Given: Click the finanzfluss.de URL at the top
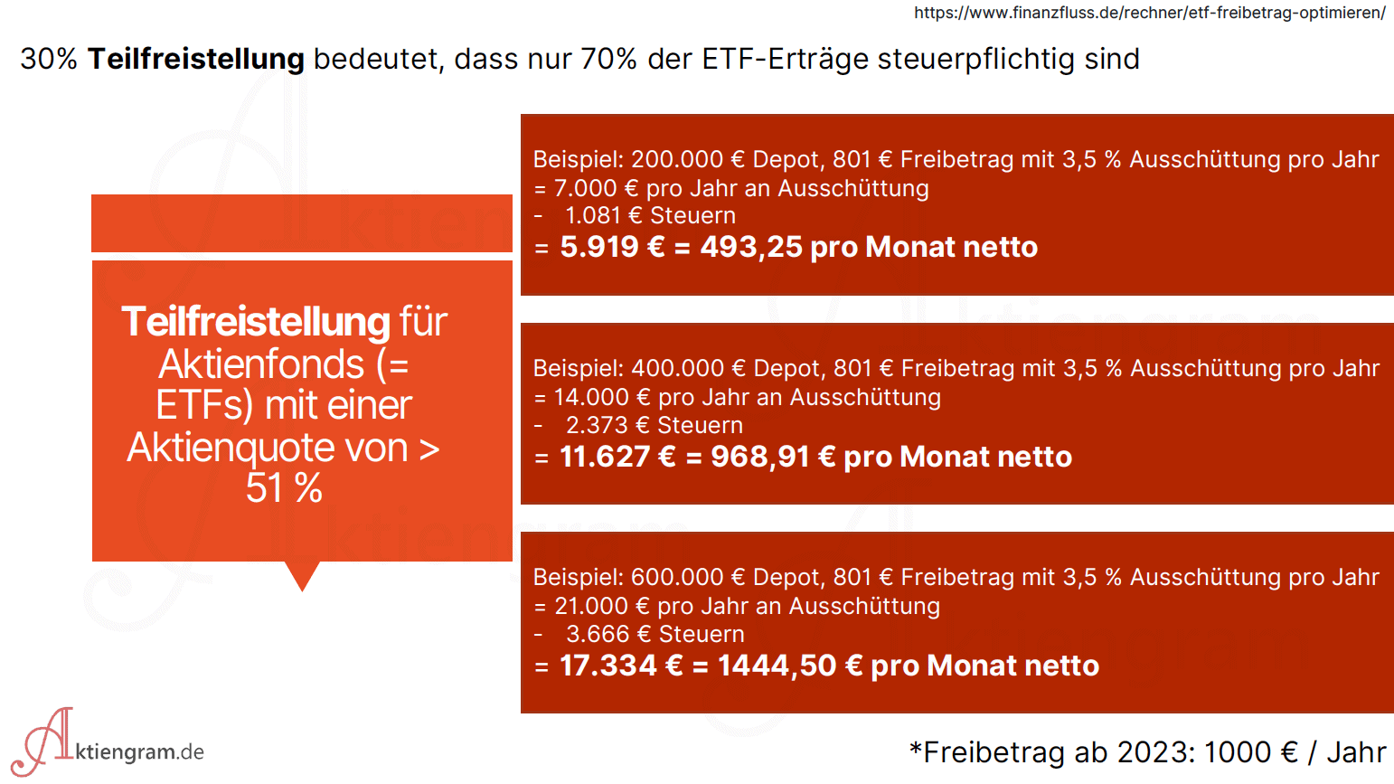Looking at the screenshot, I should click(x=1149, y=13).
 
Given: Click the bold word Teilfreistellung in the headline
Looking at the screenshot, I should click(x=195, y=59).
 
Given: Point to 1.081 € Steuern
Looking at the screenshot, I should click(x=649, y=215).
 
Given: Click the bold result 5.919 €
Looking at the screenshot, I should click(x=612, y=247).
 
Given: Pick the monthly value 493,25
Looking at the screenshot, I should click(x=751, y=247).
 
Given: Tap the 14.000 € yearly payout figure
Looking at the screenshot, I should click(x=602, y=397).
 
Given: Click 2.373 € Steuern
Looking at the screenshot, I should click(x=654, y=425).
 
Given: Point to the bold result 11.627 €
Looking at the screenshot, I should click(x=617, y=457).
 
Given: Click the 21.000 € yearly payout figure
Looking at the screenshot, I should click(x=602, y=606).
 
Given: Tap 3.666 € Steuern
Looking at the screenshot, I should click(x=655, y=634).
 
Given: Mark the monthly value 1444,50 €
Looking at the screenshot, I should click(x=790, y=666).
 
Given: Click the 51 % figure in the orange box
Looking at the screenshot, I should click(x=284, y=488).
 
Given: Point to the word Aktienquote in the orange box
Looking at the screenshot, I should click(x=268, y=447).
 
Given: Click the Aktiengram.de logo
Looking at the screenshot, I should click(x=108, y=743).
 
